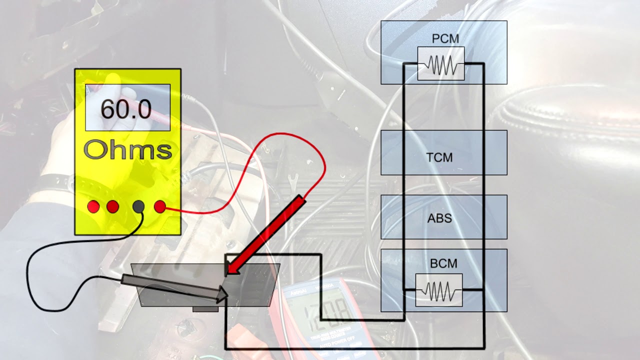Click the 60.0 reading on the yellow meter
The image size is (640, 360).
(125, 109)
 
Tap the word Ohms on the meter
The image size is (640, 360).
(127, 149)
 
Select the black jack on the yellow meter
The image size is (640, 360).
(139, 206)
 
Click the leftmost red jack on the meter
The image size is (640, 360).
(93, 206)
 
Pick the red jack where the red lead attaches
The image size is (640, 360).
(160, 206)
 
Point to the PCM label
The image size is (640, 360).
(445, 39)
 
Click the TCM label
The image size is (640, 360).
(439, 157)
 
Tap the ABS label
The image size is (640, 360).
(439, 218)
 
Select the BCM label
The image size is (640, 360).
(443, 263)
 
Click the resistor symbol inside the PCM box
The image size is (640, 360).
(441, 64)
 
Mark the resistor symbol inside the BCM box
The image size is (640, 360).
(438, 290)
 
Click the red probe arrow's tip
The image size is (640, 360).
(228, 273)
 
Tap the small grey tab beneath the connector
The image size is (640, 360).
(205, 309)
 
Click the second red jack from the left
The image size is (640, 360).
(112, 206)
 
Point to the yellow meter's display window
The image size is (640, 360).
(127, 107)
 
